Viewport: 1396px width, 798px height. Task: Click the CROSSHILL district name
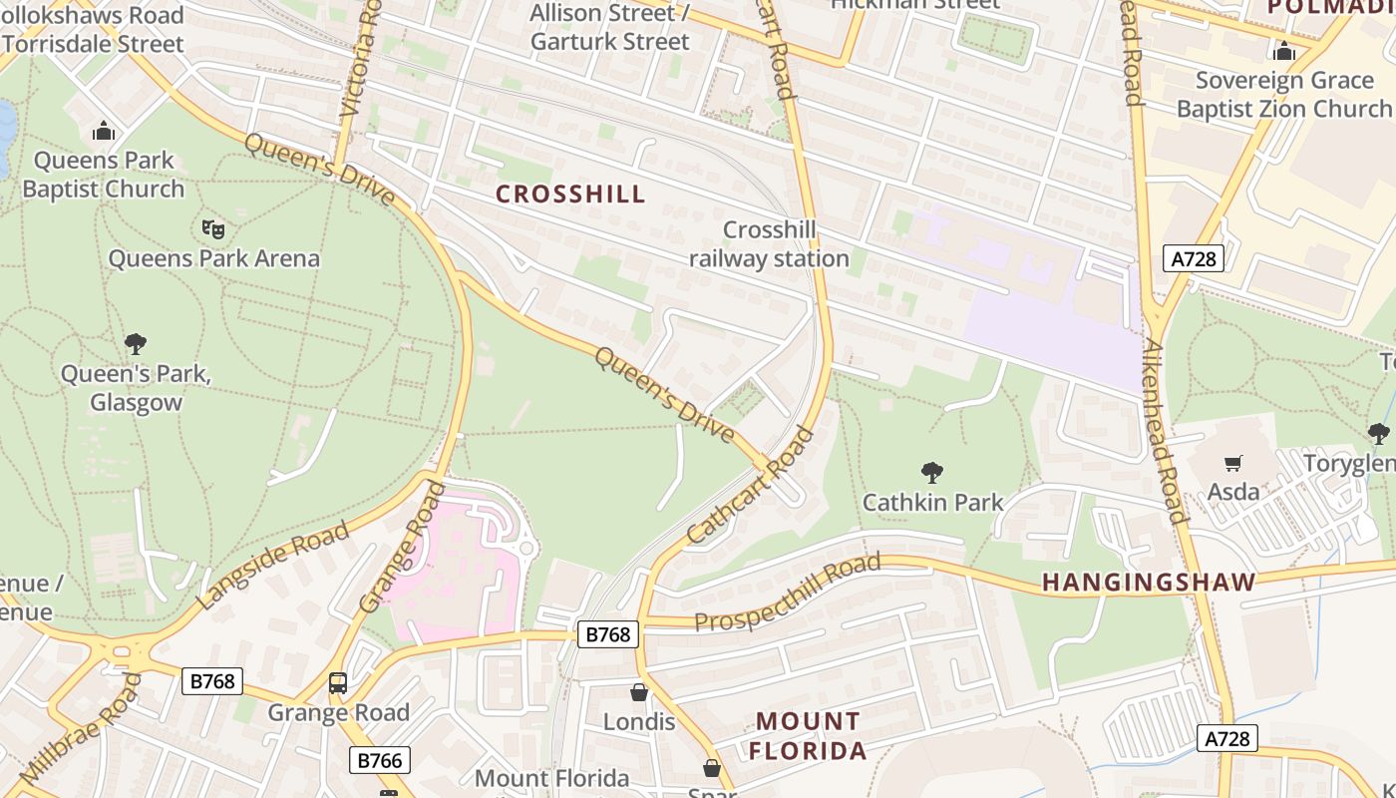pyautogui.click(x=570, y=194)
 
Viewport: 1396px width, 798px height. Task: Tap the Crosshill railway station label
pyautogui.click(x=769, y=244)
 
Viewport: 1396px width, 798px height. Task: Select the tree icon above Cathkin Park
pyautogui.click(x=932, y=472)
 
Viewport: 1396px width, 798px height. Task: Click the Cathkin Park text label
pyautogui.click(x=932, y=502)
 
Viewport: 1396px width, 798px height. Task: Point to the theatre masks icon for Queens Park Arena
pyautogui.click(x=213, y=229)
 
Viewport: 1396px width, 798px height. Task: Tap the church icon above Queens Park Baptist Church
pyautogui.click(x=104, y=131)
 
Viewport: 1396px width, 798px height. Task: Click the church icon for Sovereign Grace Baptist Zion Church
pyautogui.click(x=1283, y=51)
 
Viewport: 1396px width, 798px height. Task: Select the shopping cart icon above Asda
pyautogui.click(x=1233, y=463)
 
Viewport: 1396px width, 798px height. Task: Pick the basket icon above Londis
pyautogui.click(x=639, y=692)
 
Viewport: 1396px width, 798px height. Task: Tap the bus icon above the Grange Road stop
pyautogui.click(x=338, y=683)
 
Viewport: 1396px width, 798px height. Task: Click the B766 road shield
pyautogui.click(x=380, y=761)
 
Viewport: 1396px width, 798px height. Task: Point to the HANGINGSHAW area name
pyautogui.click(x=1149, y=582)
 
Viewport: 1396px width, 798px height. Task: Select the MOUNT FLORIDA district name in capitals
pyautogui.click(x=808, y=735)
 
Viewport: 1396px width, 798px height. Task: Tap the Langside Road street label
pyautogui.click(x=274, y=565)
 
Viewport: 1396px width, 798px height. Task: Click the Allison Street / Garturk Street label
pyautogui.click(x=609, y=27)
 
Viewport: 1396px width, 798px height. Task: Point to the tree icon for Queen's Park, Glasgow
pyautogui.click(x=136, y=344)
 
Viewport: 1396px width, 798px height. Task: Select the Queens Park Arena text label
pyautogui.click(x=213, y=258)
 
